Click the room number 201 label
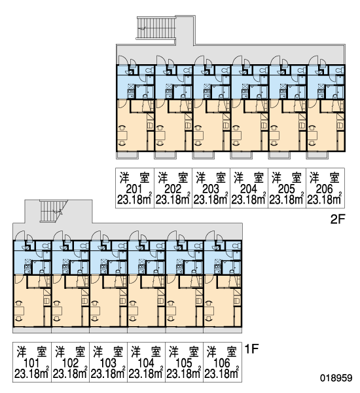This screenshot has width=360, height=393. tap(134, 189)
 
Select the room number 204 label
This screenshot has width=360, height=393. tap(248, 189)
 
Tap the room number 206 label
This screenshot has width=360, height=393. tap(324, 189)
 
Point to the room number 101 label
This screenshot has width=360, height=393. tap(31, 363)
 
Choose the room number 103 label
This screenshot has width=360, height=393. tap(108, 363)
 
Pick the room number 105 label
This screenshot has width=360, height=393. tap(184, 363)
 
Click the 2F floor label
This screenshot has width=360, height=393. tap(338, 219)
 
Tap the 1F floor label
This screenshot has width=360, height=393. tap(251, 349)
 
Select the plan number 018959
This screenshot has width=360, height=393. tap(336, 378)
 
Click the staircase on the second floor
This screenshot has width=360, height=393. tap(156, 28)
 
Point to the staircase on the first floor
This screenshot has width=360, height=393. tap(54, 211)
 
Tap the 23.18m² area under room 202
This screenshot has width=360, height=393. tap(173, 200)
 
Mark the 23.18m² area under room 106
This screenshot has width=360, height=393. tap(221, 374)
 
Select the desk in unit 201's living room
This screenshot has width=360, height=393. tap(123, 136)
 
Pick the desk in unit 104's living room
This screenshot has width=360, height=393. tap(134, 310)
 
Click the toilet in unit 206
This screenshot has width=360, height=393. tap(340, 71)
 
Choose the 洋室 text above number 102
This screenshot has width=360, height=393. tap(71, 352)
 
